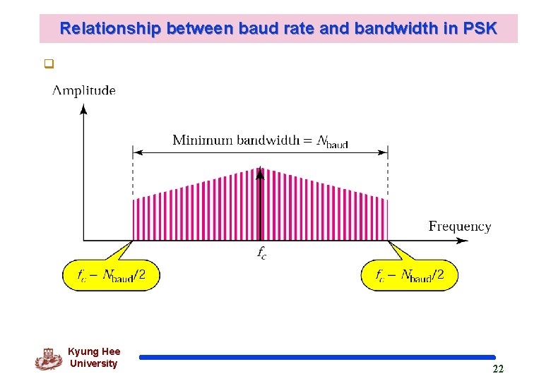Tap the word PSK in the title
pyautogui.click(x=480, y=29)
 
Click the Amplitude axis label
pyautogui.click(x=84, y=90)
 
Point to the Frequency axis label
pyautogui.click(x=459, y=226)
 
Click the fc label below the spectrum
pyautogui.click(x=261, y=253)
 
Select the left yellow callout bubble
pyautogui.click(x=112, y=274)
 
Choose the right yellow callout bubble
pyautogui.click(x=410, y=274)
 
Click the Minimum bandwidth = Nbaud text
pyautogui.click(x=260, y=140)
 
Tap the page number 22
pyautogui.click(x=498, y=369)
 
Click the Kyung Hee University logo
pyautogui.click(x=48, y=359)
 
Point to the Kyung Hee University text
pyautogui.click(x=94, y=358)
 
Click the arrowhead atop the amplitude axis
pyautogui.click(x=83, y=109)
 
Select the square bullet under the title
pyautogui.click(x=48, y=65)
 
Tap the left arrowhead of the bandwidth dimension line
pyautogui.click(x=137, y=151)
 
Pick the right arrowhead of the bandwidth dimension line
pyautogui.click(x=384, y=151)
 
